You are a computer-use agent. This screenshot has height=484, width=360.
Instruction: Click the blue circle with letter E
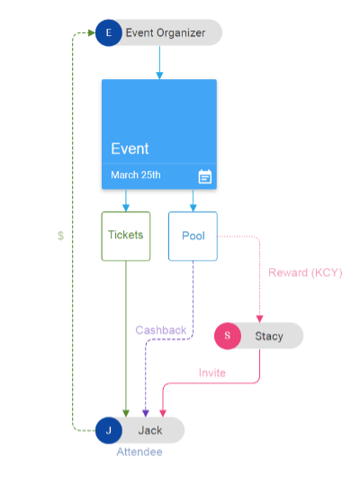coord(109,32)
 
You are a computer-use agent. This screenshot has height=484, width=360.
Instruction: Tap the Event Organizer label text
coord(166,32)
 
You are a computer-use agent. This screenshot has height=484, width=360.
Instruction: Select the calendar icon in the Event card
coord(205,176)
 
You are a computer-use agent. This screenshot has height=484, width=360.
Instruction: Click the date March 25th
coord(136,175)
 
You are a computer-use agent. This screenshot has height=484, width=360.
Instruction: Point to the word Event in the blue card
coord(130,148)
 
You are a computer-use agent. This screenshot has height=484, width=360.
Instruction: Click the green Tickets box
coord(126,236)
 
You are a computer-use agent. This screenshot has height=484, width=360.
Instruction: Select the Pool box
coord(193,236)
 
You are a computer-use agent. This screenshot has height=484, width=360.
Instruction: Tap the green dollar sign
coord(61,236)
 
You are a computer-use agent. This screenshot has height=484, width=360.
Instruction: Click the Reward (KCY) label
coord(305,273)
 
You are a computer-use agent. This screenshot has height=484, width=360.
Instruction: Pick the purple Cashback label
coord(161,330)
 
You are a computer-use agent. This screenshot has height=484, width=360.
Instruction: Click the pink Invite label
coord(212,372)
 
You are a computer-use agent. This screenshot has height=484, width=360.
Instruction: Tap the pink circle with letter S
coord(228,336)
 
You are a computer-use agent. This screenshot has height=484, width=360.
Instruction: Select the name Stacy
coord(269,336)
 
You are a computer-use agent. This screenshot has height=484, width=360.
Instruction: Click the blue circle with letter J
coord(109,430)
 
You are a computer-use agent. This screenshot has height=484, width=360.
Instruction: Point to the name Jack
coord(150,430)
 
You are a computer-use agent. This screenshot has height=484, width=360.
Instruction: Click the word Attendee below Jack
coord(139,452)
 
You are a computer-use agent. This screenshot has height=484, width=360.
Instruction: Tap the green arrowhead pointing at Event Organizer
coord(92,32)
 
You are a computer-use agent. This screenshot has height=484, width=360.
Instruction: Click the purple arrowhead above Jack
coord(146,413)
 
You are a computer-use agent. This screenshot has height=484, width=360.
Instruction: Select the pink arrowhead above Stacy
coord(260,318)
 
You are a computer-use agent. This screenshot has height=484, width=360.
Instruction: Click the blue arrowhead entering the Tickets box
coord(126,208)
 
